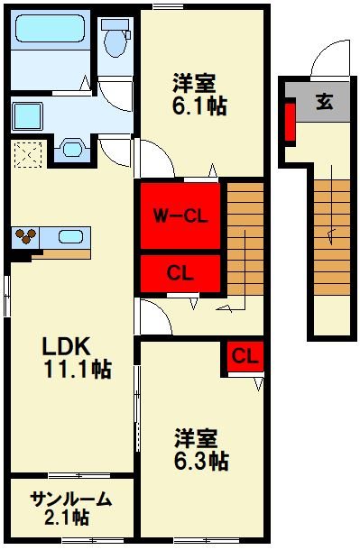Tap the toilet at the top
pos(115,40)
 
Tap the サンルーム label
pos(70,499)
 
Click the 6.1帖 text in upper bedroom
pos(200,105)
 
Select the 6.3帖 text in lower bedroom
pos(201,463)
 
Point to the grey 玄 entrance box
pos(322,102)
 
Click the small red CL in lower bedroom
pos(243,357)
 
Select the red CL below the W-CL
pos(179,271)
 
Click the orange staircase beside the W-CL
pos(243,239)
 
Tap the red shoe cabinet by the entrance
pos(291,124)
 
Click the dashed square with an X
pos(27,153)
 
